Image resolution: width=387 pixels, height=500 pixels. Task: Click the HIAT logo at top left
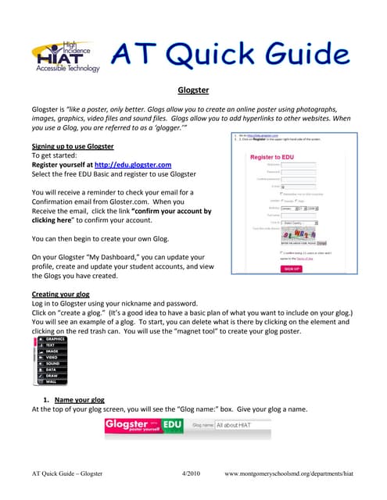[x=66, y=57]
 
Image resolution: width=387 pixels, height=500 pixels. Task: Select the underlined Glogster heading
[x=192, y=90]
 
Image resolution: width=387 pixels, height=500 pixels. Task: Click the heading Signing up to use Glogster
[x=73, y=146]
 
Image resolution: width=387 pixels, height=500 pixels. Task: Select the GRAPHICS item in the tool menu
[x=56, y=339]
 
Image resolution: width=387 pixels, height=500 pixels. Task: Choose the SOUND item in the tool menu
[x=52, y=363]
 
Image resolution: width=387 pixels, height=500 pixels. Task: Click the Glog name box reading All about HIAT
[x=240, y=425]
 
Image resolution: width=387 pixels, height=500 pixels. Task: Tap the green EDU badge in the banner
[x=172, y=425]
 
